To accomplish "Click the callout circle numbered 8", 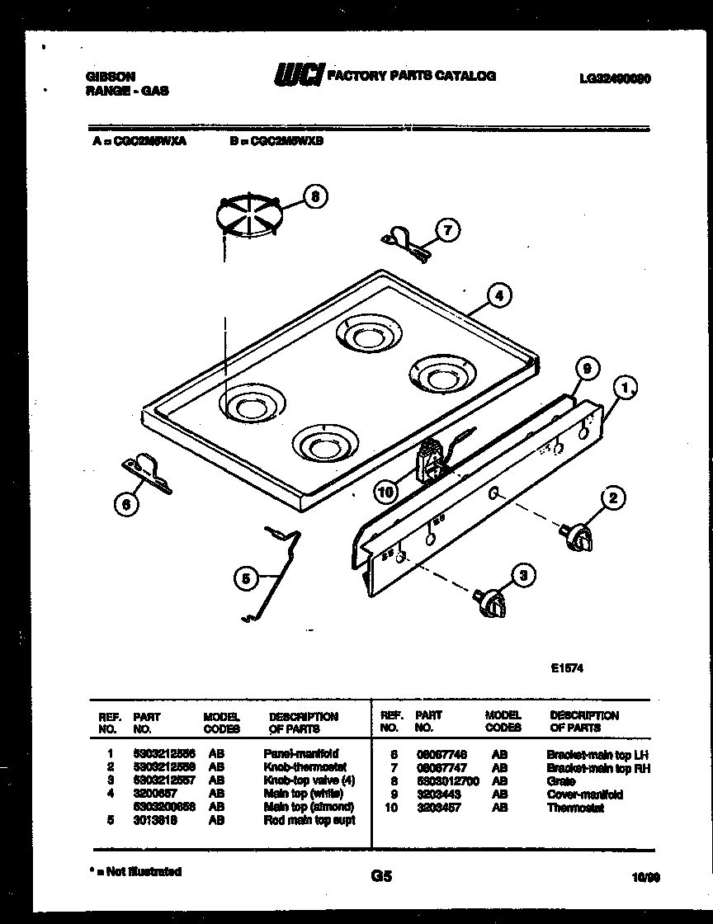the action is click(314, 196).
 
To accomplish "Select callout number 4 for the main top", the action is click(498, 294).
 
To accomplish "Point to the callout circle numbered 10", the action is click(385, 493).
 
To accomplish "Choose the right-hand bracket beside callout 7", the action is click(404, 246).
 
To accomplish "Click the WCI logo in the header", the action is click(298, 76).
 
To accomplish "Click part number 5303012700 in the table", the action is click(448, 780).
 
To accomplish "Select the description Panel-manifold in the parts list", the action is click(300, 753).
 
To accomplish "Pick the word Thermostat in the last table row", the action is click(575, 808).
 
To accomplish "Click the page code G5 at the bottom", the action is click(381, 876).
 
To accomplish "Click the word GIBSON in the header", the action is click(110, 77).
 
